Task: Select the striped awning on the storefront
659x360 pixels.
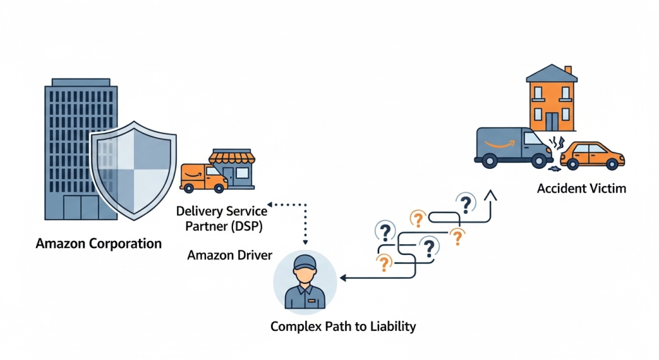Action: coord(232,157)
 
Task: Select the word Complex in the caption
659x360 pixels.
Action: coord(293,327)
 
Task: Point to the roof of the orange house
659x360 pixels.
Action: coord(551,73)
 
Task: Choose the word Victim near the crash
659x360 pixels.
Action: coord(606,189)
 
